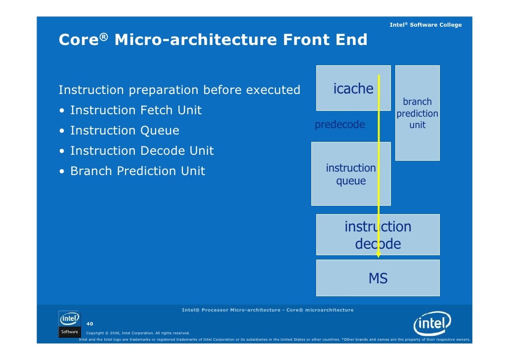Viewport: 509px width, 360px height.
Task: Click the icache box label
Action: (x=353, y=89)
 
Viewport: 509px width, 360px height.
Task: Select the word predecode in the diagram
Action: (x=339, y=125)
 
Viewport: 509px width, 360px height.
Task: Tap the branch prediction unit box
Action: (x=417, y=113)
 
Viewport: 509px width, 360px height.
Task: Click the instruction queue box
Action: (x=350, y=174)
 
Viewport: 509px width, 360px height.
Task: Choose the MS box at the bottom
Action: (x=378, y=279)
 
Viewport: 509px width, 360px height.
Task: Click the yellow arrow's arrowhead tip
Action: (x=379, y=256)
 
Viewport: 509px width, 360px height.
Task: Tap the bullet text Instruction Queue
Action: (x=125, y=131)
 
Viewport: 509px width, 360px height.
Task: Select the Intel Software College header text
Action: (x=425, y=25)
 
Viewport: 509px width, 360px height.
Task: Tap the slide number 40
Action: (x=90, y=323)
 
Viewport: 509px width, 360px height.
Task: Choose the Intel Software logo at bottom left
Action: (x=69, y=324)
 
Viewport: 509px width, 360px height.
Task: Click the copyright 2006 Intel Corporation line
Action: (x=138, y=333)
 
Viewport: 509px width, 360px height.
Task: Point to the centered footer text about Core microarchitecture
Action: (x=267, y=310)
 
